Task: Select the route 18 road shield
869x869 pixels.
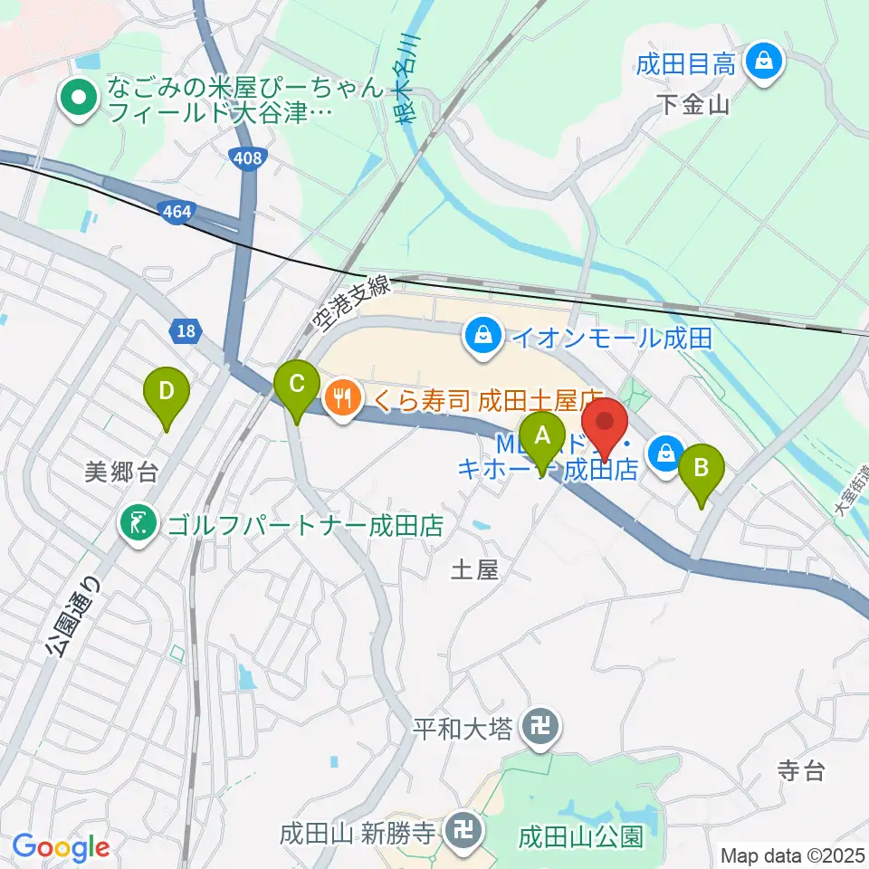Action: (186, 331)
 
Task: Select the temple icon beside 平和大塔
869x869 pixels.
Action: (540, 727)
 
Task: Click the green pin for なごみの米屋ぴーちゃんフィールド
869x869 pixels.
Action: (78, 100)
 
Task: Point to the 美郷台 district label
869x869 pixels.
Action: (121, 471)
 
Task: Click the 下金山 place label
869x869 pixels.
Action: (692, 106)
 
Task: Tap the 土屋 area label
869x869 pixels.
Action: (474, 569)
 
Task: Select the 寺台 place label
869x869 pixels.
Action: (801, 771)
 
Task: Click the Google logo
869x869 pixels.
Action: (61, 847)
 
